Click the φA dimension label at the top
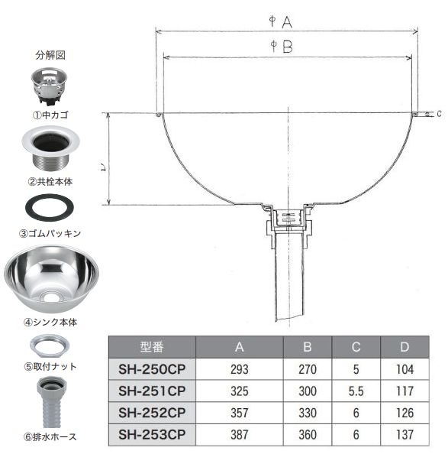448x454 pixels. tap(281, 22)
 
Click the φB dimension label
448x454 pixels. tap(282, 47)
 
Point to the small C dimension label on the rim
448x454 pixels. tap(439, 114)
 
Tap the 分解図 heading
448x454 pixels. tap(50, 55)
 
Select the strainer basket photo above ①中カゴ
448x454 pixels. tap(49, 86)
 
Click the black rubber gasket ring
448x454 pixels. tap(50, 208)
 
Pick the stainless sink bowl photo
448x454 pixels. tap(51, 278)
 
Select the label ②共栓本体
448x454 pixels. tap(50, 182)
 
